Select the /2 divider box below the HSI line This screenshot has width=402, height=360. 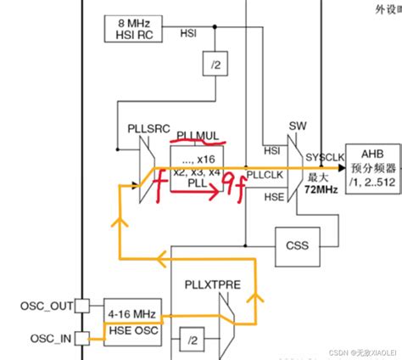212,62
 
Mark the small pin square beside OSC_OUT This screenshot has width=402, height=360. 81,305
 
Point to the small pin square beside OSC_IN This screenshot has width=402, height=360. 81,339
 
